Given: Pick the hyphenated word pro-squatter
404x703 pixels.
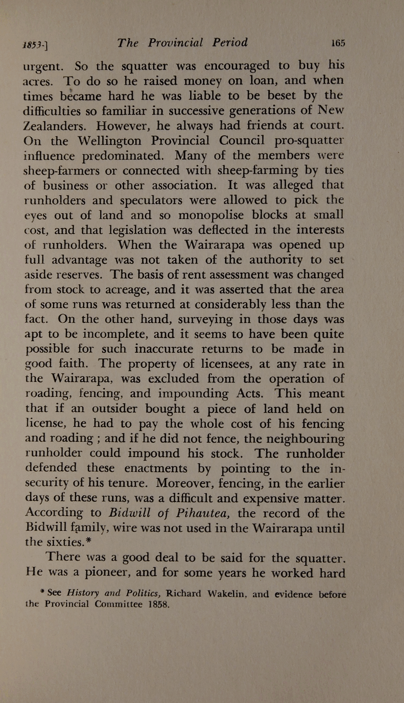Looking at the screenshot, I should pos(309,141).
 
